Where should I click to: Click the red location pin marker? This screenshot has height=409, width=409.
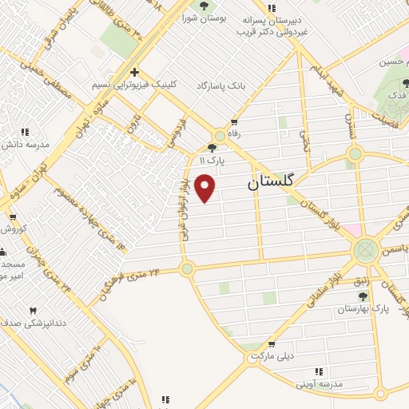click(x=206, y=189)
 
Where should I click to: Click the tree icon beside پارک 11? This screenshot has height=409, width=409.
click(x=212, y=147)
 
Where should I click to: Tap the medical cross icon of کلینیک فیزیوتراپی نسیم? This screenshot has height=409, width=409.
click(x=134, y=72)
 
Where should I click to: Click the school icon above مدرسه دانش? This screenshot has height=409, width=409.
click(x=25, y=132)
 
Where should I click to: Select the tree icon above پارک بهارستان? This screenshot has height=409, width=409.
click(x=363, y=296)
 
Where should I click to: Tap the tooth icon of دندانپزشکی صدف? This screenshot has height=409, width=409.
click(x=33, y=312)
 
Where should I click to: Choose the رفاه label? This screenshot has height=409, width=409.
click(x=234, y=133)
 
